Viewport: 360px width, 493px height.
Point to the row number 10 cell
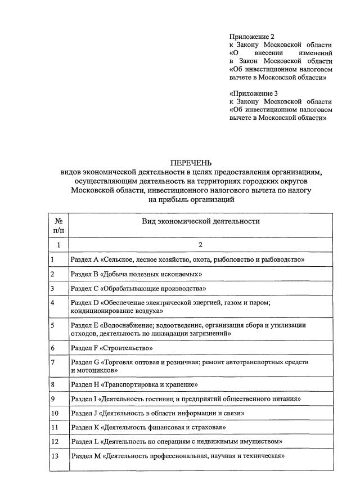click(55, 413)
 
